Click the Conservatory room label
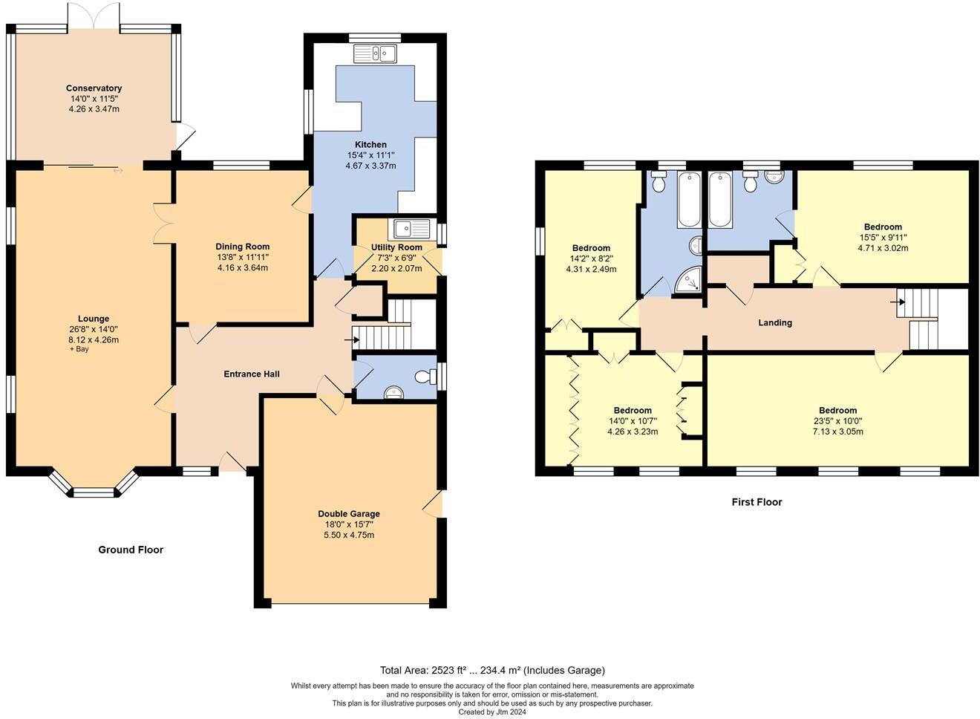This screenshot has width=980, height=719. (94, 88)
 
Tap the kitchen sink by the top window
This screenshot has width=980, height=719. (375, 53)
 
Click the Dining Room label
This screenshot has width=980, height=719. (242, 247)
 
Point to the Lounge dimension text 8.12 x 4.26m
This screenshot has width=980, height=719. (94, 339)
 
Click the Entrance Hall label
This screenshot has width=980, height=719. (252, 374)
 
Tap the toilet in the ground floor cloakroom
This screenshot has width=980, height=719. (425, 377)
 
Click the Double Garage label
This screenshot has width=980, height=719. (349, 513)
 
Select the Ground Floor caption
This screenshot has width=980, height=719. (131, 550)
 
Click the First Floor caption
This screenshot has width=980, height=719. (757, 502)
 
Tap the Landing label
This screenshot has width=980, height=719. (775, 322)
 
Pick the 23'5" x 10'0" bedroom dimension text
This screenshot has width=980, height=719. (837, 421)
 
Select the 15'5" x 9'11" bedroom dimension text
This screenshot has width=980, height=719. (883, 237)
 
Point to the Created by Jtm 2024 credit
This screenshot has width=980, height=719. (492, 712)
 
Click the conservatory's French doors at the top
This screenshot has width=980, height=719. (94, 16)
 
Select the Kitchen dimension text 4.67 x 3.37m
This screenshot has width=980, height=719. (371, 166)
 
